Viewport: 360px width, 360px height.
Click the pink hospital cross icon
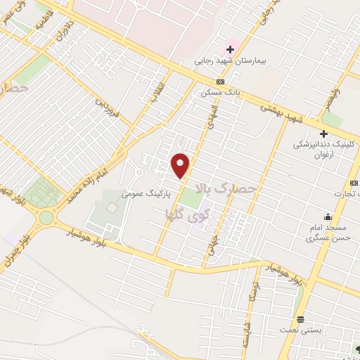click(x=229, y=49)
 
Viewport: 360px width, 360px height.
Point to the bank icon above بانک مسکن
click(x=219, y=82)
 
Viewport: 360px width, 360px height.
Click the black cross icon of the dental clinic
click(x=323, y=134)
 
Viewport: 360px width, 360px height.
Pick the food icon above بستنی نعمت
click(x=300, y=318)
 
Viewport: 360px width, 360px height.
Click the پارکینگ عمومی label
click(x=147, y=191)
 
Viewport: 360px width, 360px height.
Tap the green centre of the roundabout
click(x=46, y=217)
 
